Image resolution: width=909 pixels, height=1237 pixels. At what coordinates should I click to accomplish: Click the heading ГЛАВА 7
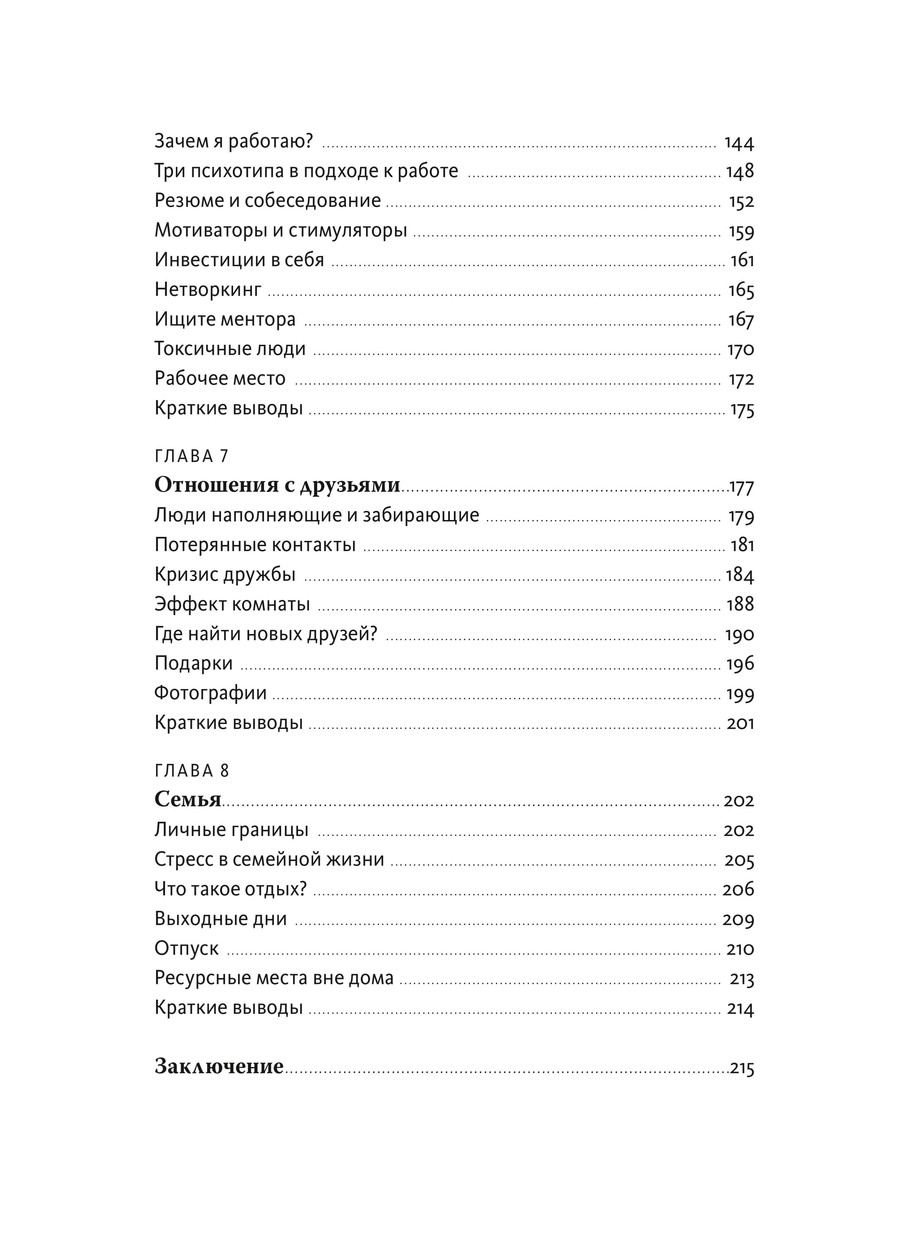191,456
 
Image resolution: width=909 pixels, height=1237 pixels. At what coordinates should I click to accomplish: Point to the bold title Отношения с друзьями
277,485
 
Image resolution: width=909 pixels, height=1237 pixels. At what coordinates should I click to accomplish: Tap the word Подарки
193,663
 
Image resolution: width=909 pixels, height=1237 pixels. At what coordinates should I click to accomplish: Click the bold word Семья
188,799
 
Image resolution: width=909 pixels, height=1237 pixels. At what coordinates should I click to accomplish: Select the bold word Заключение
219,1066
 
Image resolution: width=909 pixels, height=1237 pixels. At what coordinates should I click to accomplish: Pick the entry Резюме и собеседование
267,200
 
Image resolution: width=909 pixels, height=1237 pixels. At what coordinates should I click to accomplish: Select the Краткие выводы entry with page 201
228,722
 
